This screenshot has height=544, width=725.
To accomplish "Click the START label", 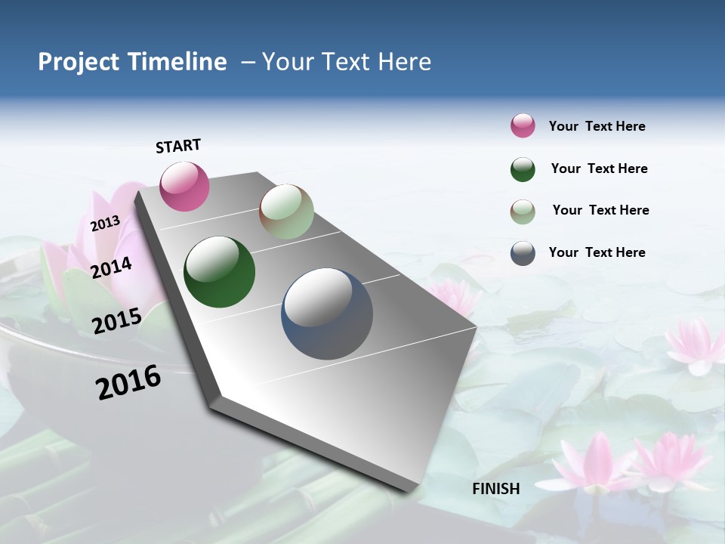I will pos(178,146).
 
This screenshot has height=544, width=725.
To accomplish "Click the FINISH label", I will pos(496,489).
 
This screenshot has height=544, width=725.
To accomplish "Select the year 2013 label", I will pos(106,224).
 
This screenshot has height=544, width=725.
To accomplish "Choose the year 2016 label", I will pos(128,382).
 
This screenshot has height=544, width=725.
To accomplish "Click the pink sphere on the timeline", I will pos(184,186).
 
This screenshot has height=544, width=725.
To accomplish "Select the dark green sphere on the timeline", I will pos(219,272).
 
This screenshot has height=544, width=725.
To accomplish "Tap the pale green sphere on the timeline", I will pos(286,212).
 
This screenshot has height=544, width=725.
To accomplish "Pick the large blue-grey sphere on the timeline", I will pos(327,314).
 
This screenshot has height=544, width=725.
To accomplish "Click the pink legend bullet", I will pos(523,126).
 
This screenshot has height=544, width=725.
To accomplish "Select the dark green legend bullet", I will pos(523,169).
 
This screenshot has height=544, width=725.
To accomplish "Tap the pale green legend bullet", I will pos(523,211).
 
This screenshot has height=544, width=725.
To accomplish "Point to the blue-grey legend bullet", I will pos(523,253).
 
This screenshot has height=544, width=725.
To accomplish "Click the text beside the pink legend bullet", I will pos(597,127).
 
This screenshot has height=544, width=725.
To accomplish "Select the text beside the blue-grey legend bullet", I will pos(597,252).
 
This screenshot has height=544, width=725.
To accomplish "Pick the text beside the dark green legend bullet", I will pos(599,168).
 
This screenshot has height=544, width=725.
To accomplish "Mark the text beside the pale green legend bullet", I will pos(600,210).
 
